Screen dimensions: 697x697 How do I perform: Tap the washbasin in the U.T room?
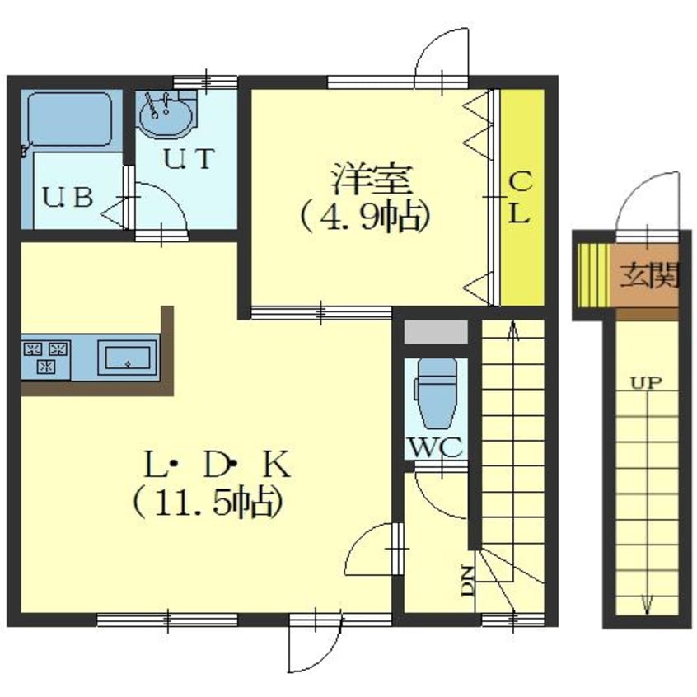point(166,115)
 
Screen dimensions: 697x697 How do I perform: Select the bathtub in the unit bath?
point(69,119)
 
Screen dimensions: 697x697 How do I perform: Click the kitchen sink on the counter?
point(128,358)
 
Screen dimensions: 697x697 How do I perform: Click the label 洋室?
point(372,180)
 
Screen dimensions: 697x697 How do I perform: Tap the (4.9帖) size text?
point(366,217)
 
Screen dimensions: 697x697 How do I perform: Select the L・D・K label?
point(218,465)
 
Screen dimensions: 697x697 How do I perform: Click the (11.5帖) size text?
point(208,503)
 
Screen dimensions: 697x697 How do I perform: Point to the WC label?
point(436,447)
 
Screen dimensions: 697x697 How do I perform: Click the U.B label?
point(68,197)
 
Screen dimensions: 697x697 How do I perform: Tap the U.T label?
point(189,159)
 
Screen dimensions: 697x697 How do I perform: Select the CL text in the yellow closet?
point(520,199)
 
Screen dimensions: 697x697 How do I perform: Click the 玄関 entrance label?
point(649,275)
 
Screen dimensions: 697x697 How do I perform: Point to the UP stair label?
point(646,383)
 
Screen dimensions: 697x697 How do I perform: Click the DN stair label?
point(467,581)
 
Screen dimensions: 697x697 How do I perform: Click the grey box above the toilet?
point(436,331)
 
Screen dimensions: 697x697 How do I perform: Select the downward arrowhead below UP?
point(647,606)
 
